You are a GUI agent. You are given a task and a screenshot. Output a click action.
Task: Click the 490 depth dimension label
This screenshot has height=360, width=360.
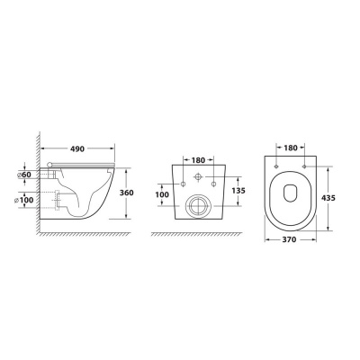77,148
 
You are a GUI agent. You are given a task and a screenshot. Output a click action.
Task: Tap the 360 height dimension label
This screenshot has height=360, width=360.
127,193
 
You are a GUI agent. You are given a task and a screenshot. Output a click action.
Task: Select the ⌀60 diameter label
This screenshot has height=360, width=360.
25,175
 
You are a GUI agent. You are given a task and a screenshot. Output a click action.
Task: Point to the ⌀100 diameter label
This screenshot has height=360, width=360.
23,200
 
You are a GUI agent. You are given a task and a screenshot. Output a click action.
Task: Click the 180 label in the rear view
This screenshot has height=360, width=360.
198,160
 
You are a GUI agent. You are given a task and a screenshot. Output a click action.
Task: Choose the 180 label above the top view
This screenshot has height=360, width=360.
291,148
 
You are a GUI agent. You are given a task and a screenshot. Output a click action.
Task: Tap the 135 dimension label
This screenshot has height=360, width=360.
238,191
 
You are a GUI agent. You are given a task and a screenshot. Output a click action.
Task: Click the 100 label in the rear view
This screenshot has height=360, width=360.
162,194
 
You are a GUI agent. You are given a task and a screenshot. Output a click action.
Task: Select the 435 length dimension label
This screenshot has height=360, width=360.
328,198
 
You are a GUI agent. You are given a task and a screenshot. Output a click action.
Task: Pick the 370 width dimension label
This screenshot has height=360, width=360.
290,239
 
